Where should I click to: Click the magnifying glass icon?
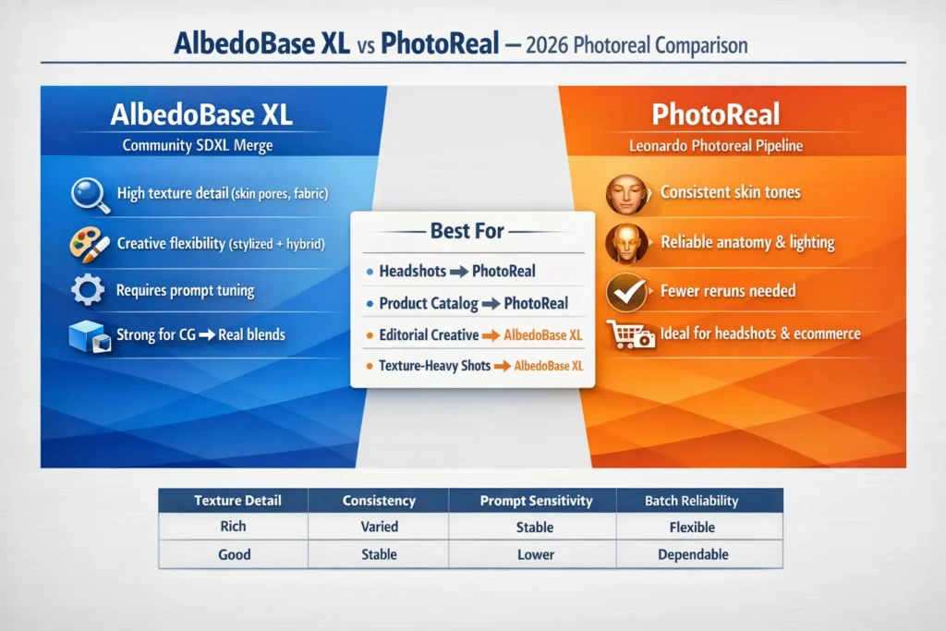tap(89, 196)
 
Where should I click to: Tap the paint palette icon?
tap(89, 244)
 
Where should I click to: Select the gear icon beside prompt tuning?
tap(88, 291)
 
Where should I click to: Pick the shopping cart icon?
tap(630, 334)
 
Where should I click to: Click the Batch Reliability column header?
tap(691, 501)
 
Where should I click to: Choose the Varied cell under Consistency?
tap(379, 527)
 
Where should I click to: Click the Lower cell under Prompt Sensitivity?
tap(536, 554)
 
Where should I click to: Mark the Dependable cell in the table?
tap(693, 554)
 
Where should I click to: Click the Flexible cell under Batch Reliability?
tap(693, 527)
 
